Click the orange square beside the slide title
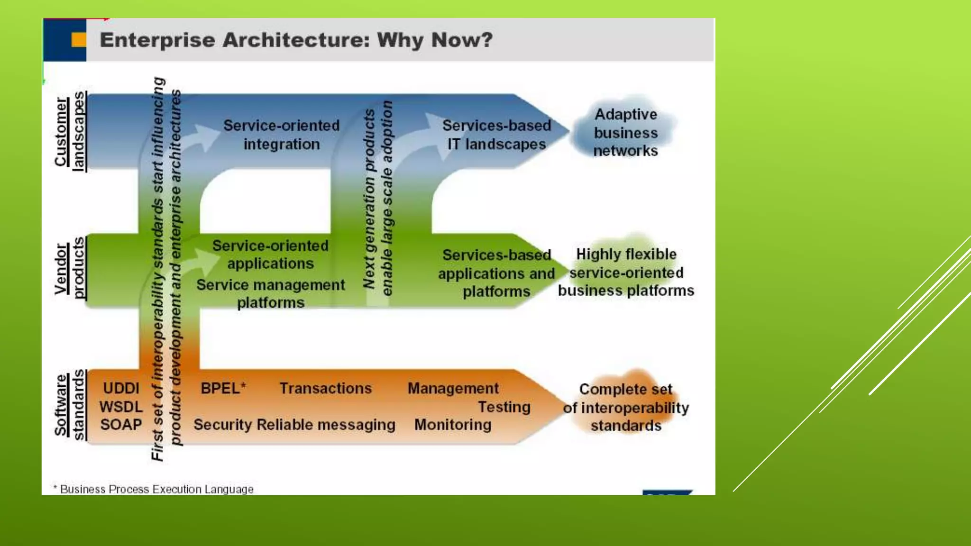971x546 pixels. pyautogui.click(x=79, y=40)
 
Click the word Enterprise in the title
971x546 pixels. pyautogui.click(x=157, y=40)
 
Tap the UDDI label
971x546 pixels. pyautogui.click(x=121, y=388)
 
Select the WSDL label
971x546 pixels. pyautogui.click(x=121, y=407)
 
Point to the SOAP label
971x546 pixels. pyautogui.click(x=121, y=425)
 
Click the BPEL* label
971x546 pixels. pyautogui.click(x=223, y=388)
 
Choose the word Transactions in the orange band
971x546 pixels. pyautogui.click(x=326, y=388)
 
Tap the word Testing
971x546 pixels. pyautogui.click(x=504, y=407)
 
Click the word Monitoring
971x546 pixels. pyautogui.click(x=453, y=425)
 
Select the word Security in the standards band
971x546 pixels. pyautogui.click(x=222, y=425)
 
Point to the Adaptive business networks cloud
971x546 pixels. pyautogui.click(x=625, y=132)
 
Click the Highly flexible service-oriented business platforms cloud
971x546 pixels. pyautogui.click(x=626, y=273)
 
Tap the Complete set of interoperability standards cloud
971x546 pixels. pyautogui.click(x=626, y=407)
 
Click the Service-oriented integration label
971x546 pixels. pyautogui.click(x=282, y=135)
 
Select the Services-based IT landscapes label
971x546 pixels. pyautogui.click(x=496, y=135)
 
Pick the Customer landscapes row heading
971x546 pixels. pyautogui.click(x=70, y=131)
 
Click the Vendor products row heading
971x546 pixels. pyautogui.click(x=70, y=268)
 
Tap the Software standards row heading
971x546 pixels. pyautogui.click(x=70, y=405)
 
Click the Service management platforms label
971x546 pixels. pyautogui.click(x=271, y=293)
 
